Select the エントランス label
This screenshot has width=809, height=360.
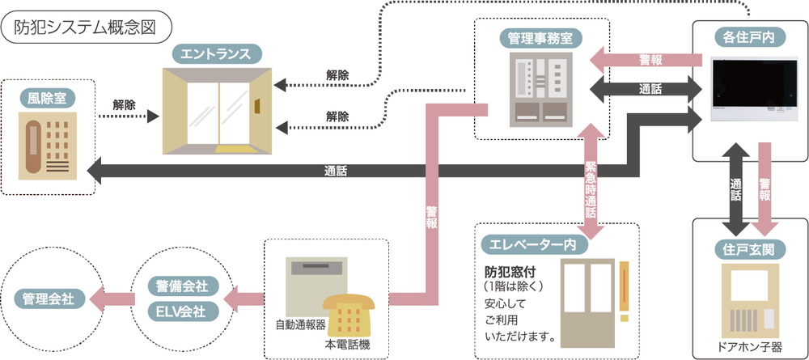pyautogui.click(x=218, y=55)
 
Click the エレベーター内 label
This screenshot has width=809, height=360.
pyautogui.click(x=528, y=244)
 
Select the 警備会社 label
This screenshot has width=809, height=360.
pyautogui.click(x=179, y=286)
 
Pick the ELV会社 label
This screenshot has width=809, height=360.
pyautogui.click(x=179, y=311)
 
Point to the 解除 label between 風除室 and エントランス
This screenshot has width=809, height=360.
pyautogui.click(x=124, y=105)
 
